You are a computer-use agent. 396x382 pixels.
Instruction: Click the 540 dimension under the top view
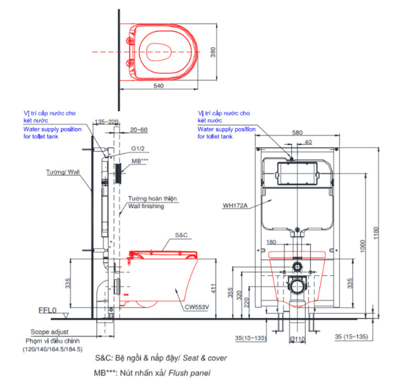point(159,85)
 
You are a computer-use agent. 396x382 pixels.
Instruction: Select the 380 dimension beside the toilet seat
point(213,54)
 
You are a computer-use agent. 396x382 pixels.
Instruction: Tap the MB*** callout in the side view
point(140,160)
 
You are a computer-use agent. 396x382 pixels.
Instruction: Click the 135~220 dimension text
point(106,122)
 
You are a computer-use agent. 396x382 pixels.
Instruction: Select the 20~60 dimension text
point(138,130)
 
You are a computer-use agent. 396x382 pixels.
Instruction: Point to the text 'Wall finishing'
point(145,206)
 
